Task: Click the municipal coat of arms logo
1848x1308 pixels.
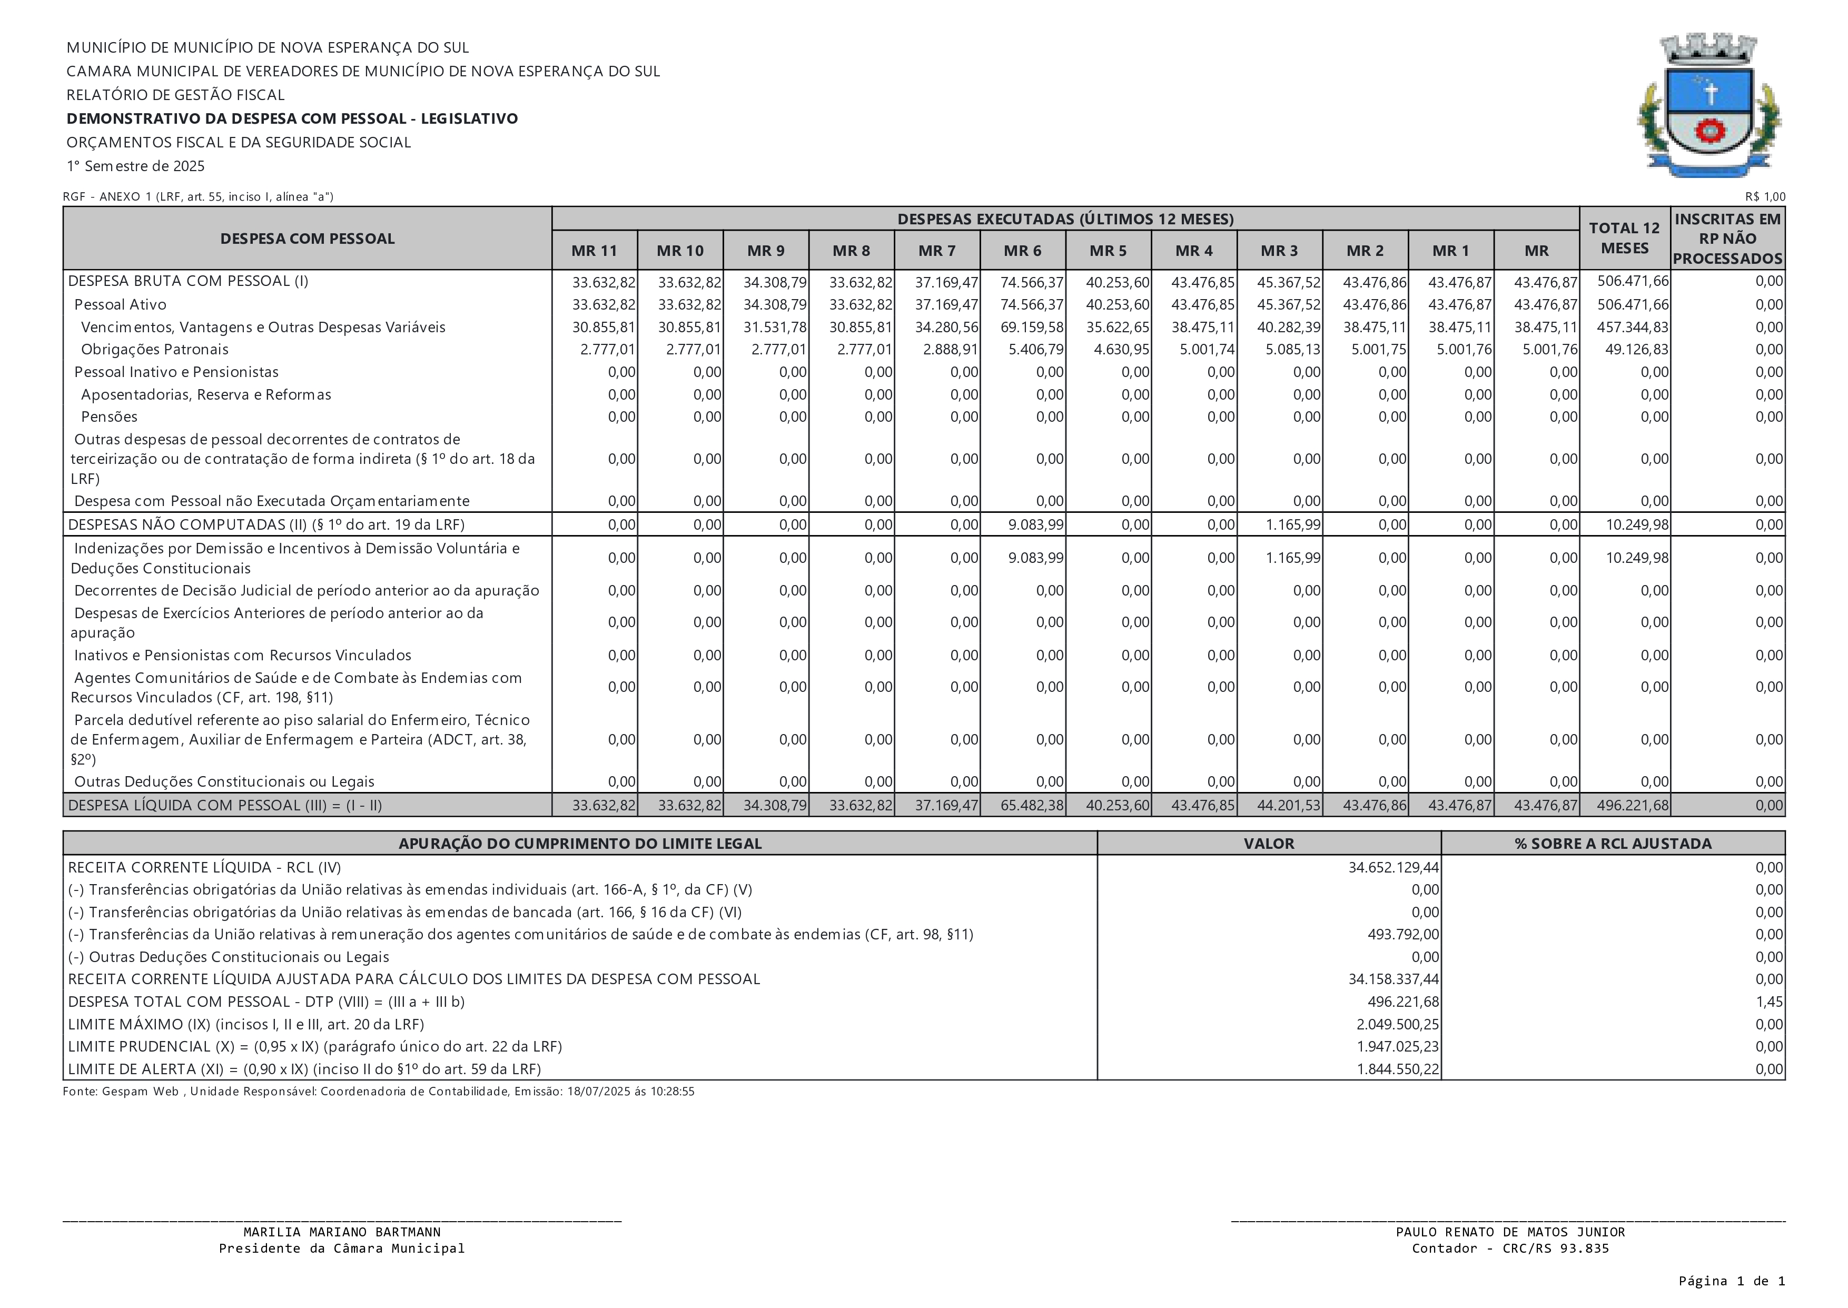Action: click(x=1709, y=105)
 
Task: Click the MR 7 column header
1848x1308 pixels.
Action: click(x=937, y=251)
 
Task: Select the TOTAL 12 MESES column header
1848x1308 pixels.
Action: click(x=1624, y=239)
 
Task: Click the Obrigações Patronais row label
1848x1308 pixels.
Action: click(x=155, y=350)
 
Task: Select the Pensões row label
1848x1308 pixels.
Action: click(x=109, y=417)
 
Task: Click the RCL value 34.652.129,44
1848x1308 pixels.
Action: click(x=1394, y=867)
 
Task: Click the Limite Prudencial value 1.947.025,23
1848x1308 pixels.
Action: click(x=1398, y=1046)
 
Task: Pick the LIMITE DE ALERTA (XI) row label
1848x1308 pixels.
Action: click(x=304, y=1069)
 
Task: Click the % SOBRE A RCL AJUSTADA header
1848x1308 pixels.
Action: click(x=1613, y=843)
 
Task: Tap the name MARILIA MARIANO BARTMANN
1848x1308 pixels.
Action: click(x=342, y=1232)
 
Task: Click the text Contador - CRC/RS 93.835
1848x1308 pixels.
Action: click(x=1510, y=1248)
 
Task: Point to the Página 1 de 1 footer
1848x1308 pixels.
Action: click(x=1731, y=1281)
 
